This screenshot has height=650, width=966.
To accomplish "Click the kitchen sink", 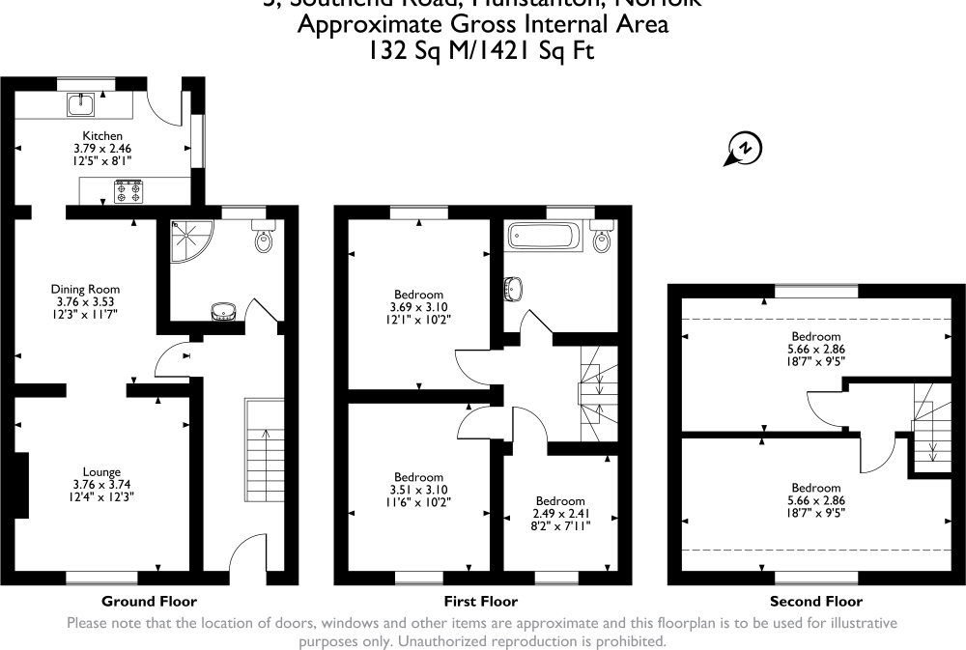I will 81,101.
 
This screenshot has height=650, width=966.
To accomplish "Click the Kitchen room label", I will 101,135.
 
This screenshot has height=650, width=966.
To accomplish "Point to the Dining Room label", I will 86,289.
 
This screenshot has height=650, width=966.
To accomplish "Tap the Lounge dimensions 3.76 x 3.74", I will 101,485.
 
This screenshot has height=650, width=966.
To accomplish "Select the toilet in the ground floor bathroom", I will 264,237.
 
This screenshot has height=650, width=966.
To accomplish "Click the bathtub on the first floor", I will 545,235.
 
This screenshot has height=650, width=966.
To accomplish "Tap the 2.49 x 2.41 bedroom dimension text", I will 560,513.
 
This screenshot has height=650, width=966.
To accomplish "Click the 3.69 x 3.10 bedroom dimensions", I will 419,307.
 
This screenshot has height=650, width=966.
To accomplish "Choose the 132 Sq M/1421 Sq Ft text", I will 482,51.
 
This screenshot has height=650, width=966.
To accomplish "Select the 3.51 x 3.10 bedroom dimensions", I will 419,490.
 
